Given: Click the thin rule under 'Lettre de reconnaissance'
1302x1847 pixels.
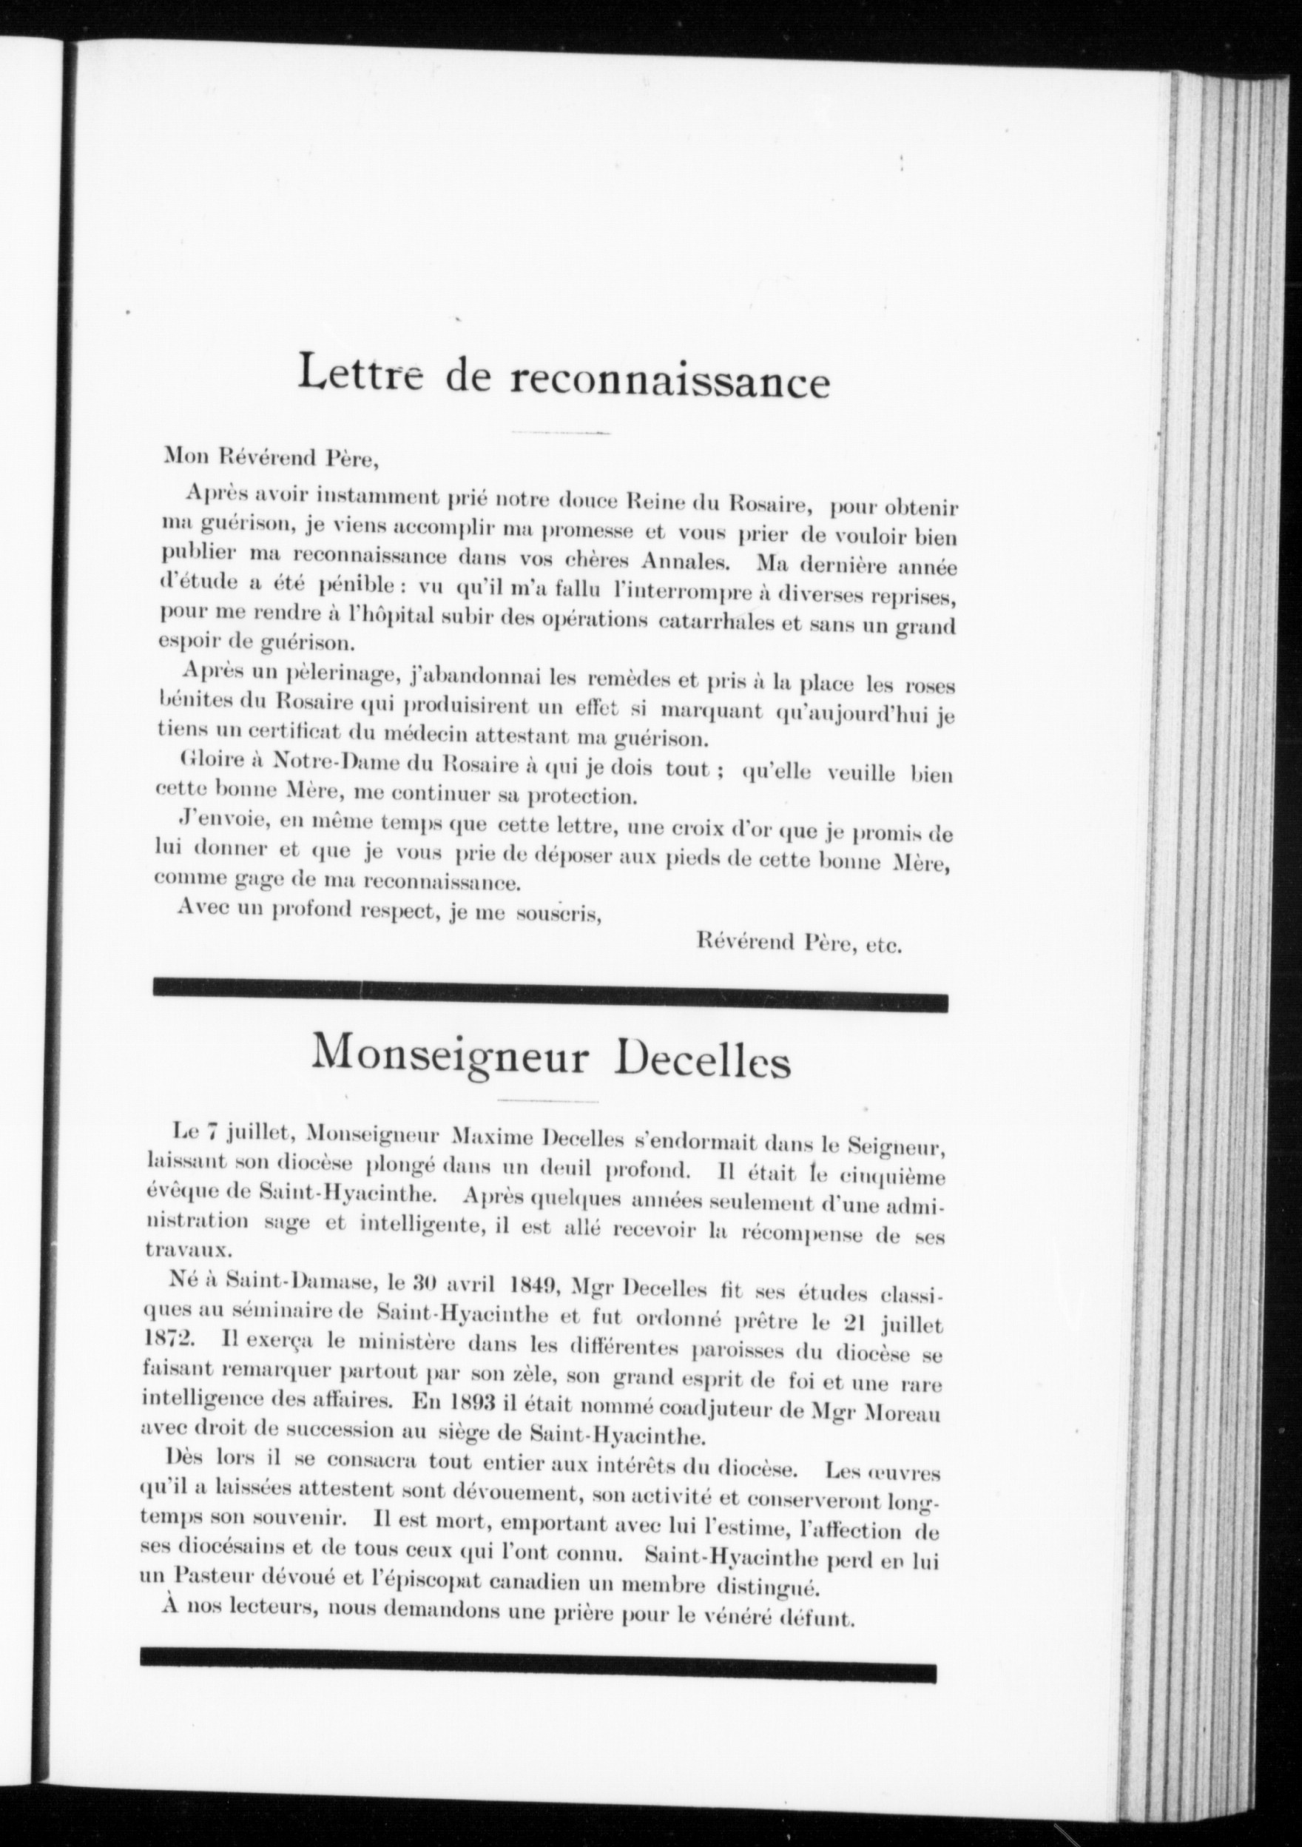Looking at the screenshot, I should coord(561,433).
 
